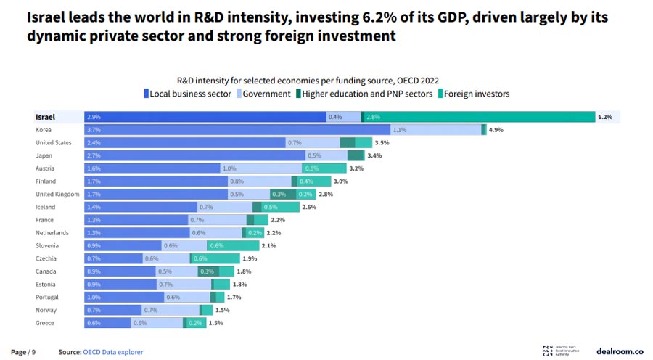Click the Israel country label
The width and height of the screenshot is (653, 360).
pyautogui.click(x=46, y=116)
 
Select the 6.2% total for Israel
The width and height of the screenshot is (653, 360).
pyautogui.click(x=605, y=116)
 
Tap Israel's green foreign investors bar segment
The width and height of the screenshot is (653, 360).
pyautogui.click(x=479, y=116)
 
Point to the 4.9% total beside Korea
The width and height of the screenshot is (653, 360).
pyautogui.click(x=496, y=129)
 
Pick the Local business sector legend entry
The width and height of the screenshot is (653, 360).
pyautogui.click(x=186, y=94)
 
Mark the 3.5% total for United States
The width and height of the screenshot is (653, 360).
pyautogui.click(x=382, y=142)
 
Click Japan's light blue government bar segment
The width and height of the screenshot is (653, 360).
pyautogui.click(x=316, y=155)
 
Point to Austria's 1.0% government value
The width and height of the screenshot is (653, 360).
pyautogui.click(x=229, y=168)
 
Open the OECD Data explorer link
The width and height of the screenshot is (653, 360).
pyautogui.click(x=112, y=352)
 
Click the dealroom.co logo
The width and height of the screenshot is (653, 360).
pyautogui.click(x=620, y=351)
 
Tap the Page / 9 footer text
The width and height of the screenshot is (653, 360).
pyautogui.click(x=23, y=352)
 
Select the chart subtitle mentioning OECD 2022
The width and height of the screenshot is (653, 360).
pyautogui.click(x=308, y=80)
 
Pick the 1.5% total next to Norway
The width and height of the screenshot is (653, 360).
pyautogui.click(x=223, y=310)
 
